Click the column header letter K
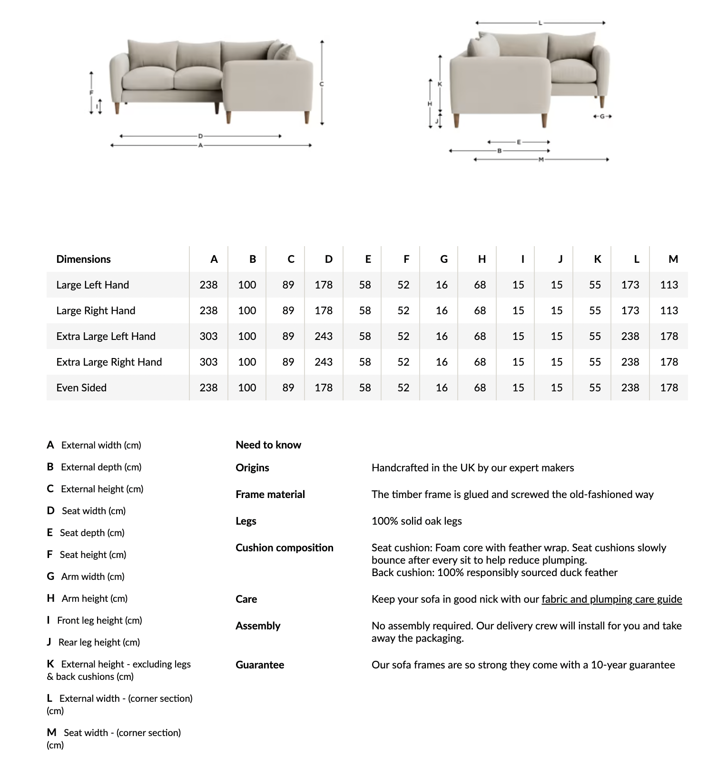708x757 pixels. point(598,259)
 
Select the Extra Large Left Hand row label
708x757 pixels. point(106,336)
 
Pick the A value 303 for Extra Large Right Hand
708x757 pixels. point(208,362)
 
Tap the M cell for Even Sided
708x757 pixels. point(669,388)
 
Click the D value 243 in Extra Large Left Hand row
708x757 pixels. point(323,336)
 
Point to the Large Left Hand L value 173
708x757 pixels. point(630,285)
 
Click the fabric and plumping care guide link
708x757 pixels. point(611,599)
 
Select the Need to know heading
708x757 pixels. point(268,445)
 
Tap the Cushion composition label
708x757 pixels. point(284,548)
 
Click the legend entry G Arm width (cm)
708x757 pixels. point(86,577)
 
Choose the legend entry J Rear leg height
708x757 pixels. point(93,642)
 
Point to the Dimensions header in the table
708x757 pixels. point(83,259)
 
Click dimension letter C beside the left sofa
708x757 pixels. point(322,84)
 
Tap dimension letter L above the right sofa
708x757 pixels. point(540,23)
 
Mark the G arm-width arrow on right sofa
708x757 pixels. point(602,116)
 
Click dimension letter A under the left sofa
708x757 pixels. point(200,145)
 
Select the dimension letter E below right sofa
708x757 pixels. point(519,142)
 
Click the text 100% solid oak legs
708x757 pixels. point(416,521)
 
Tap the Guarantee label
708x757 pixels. point(259,665)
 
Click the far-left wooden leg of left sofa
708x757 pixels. point(117,108)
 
